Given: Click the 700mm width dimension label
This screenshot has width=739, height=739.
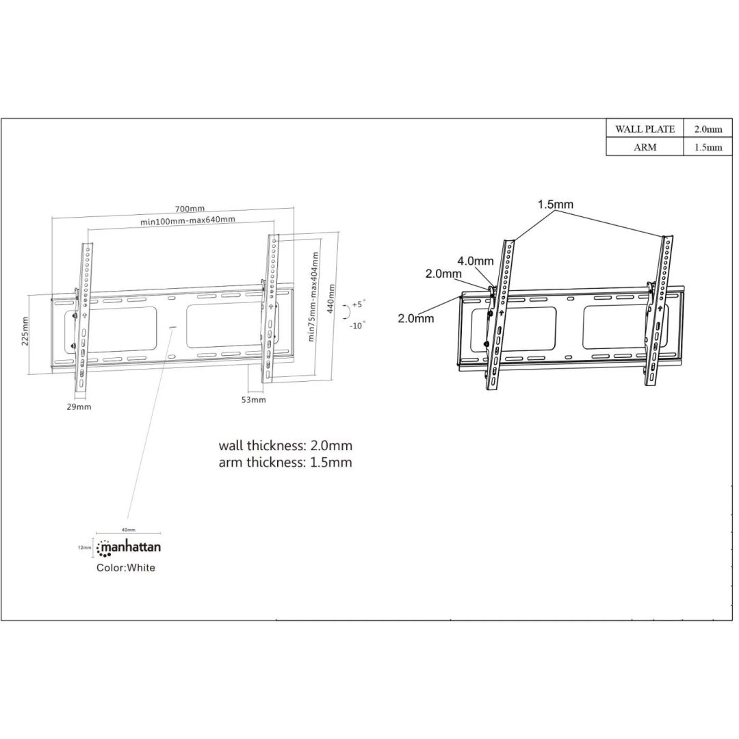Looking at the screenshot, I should pos(190,209).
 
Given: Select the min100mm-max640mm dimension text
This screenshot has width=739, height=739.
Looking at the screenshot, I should pos(188,220).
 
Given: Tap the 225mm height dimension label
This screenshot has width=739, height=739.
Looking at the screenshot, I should pos(25,331).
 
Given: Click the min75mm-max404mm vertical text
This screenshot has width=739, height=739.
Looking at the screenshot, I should pos(313,296).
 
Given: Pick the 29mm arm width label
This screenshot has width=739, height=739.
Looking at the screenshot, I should pos(79,406).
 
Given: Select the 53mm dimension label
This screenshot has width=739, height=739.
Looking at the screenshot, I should pos(253,400).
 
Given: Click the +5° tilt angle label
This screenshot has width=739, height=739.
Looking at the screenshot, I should pos(359,303).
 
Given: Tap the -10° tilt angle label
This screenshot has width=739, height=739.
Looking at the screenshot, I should pos(357,325).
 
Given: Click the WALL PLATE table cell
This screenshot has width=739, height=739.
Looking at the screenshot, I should pos(645,129).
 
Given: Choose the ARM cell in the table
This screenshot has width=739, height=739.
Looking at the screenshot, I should pos(645,147).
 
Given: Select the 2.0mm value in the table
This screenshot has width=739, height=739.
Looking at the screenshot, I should pos(708,129).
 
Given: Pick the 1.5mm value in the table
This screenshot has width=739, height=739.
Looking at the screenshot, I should pos(708,147).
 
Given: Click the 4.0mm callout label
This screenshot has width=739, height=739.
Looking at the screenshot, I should pos(475,261).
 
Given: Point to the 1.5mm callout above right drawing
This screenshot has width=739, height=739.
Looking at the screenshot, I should pos(555,204).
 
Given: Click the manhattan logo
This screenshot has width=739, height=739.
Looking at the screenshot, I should pos(129,547).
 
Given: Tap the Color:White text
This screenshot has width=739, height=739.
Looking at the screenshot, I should pos(126,567).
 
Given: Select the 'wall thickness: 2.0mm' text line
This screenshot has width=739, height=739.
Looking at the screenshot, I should pos(285,445).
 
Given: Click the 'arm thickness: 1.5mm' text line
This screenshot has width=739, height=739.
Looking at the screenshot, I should pos(285,463).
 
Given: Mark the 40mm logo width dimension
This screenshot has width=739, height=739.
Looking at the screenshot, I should pos(129,530).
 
